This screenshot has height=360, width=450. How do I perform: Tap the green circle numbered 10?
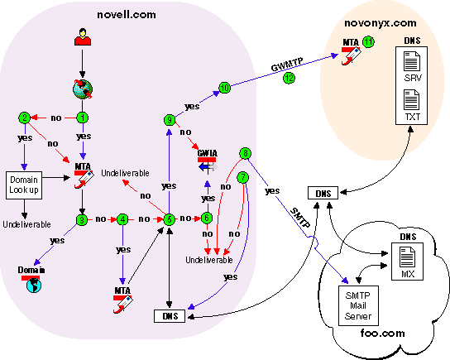(x=224, y=88)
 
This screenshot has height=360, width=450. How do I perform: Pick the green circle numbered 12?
(x=289, y=79)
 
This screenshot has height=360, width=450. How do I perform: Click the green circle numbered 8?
(x=245, y=154)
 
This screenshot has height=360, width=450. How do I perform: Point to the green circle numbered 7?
(x=242, y=177)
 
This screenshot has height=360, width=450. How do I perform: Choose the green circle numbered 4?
(x=122, y=219)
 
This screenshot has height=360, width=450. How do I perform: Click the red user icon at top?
(x=83, y=38)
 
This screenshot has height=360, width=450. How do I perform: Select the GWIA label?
(x=207, y=152)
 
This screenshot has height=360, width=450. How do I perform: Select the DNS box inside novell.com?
(x=170, y=314)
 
